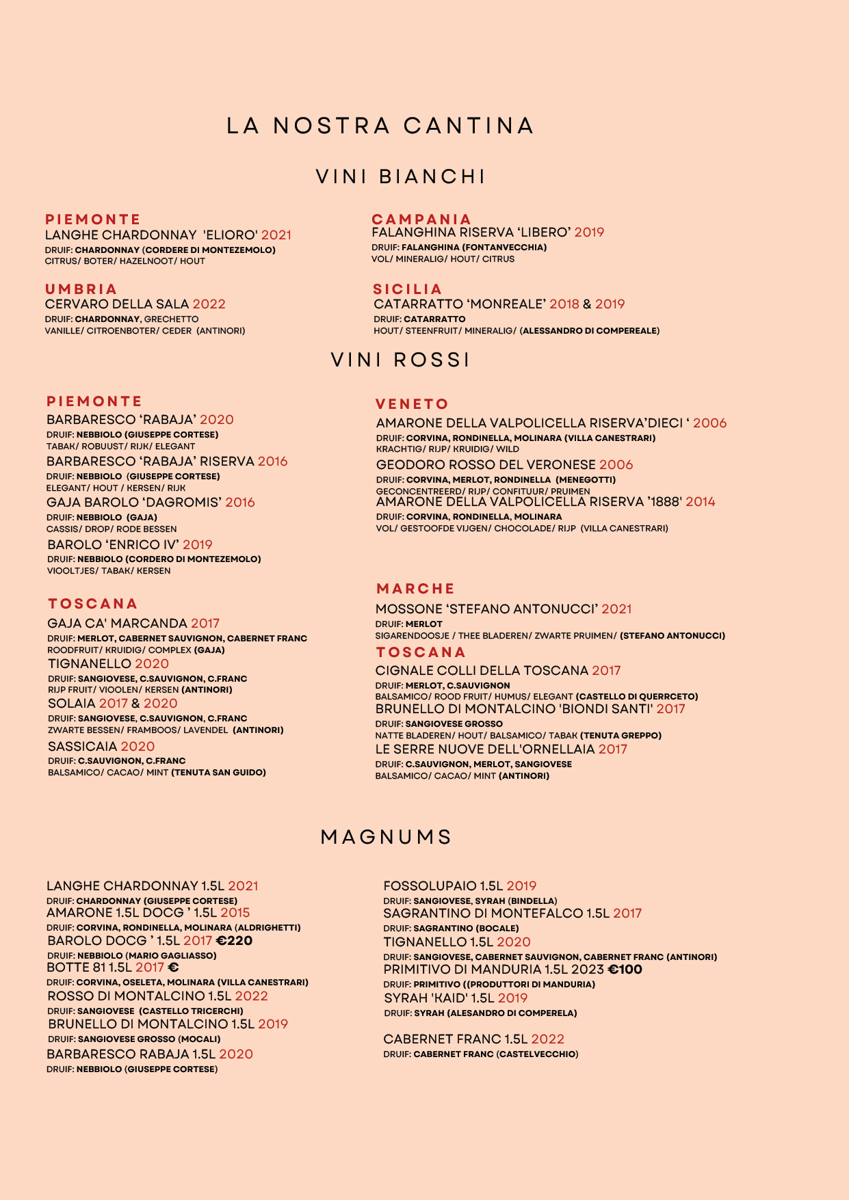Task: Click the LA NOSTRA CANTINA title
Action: (x=380, y=126)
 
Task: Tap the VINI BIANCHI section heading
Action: (x=401, y=176)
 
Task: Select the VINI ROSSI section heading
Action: (x=401, y=360)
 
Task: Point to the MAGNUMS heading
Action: (x=387, y=837)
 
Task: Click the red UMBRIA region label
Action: (x=81, y=289)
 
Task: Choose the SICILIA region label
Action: (x=408, y=289)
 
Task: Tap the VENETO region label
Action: (x=412, y=404)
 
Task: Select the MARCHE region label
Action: (x=415, y=589)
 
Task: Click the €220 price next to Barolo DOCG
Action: (x=234, y=941)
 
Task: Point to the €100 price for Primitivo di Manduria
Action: (x=625, y=970)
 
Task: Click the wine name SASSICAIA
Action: (x=82, y=747)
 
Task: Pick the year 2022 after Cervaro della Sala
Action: (x=209, y=304)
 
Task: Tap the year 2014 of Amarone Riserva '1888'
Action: (x=701, y=502)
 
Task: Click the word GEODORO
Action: (x=408, y=465)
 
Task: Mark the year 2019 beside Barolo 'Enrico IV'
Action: (x=198, y=545)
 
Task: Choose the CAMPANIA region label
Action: (x=421, y=219)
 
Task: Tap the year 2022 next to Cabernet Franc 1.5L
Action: (x=547, y=1039)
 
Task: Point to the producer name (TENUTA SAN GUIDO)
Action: (x=218, y=773)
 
